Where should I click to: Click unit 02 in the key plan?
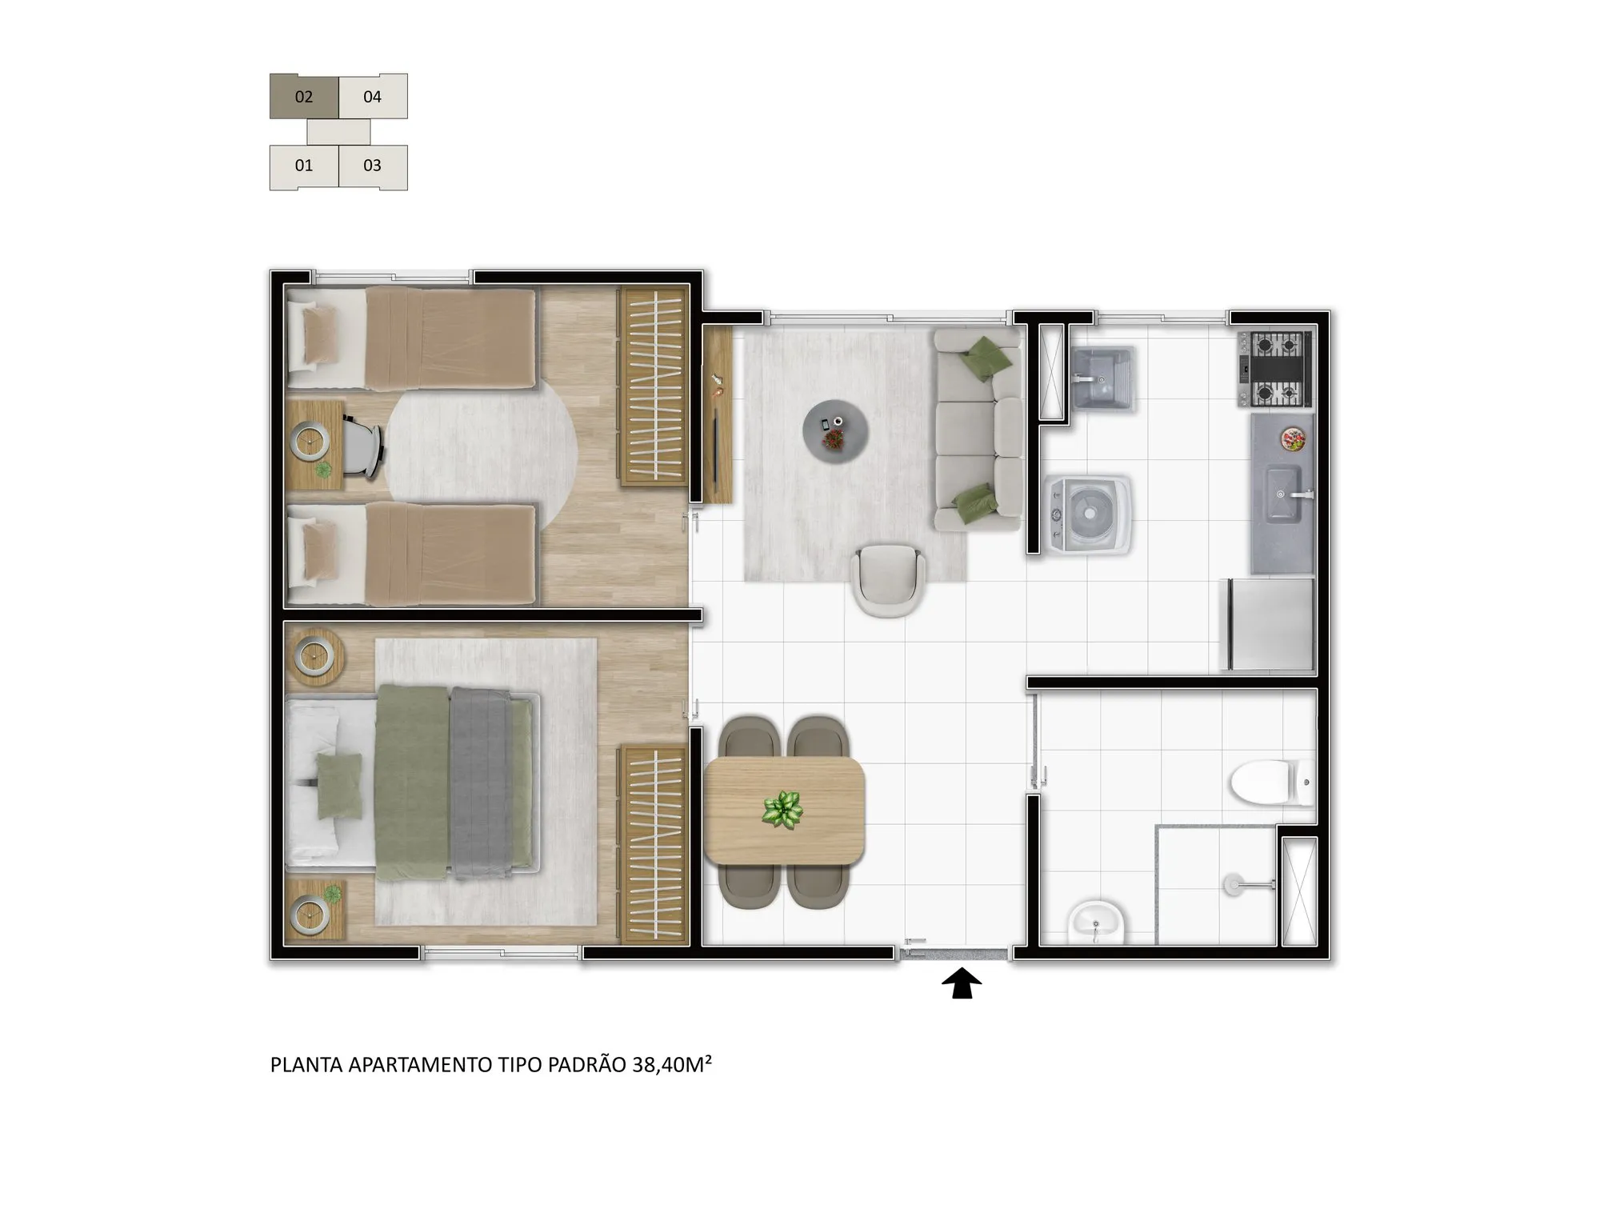click(x=304, y=97)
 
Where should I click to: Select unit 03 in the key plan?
click(x=373, y=166)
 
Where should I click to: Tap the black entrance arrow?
click(x=961, y=983)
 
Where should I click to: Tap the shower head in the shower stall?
click(x=1232, y=883)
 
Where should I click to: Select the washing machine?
click(x=1088, y=514)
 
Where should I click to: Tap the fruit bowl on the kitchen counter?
click(x=1293, y=438)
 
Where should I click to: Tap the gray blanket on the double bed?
click(x=482, y=779)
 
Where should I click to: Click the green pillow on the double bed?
click(x=340, y=786)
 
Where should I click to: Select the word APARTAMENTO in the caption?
click(x=420, y=1065)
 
